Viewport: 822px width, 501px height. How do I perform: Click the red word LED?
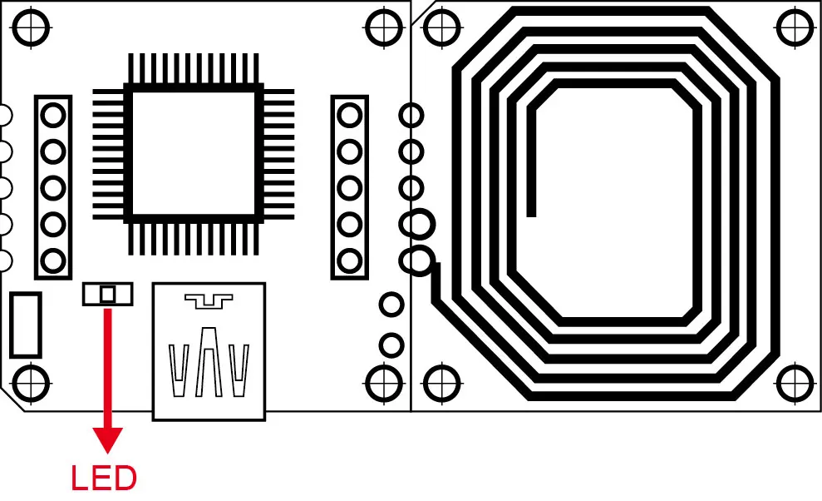pyautogui.click(x=104, y=479)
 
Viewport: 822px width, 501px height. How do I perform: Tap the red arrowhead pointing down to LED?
pyautogui.click(x=107, y=439)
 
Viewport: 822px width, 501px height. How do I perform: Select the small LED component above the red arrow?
pyautogui.click(x=107, y=294)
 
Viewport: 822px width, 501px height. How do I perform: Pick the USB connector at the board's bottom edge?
pyautogui.click(x=209, y=350)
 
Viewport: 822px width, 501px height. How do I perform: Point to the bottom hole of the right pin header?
pyautogui.click(x=350, y=261)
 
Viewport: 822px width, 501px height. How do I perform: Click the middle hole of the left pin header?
pyautogui.click(x=52, y=187)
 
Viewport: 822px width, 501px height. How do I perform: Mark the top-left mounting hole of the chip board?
pyautogui.click(x=30, y=27)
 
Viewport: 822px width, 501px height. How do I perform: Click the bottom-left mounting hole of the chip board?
pyautogui.click(x=30, y=383)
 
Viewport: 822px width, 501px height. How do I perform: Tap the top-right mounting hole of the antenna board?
pyautogui.click(x=795, y=27)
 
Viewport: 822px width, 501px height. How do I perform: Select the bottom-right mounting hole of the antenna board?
pyautogui.click(x=795, y=383)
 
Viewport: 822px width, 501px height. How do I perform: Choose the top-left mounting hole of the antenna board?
pyautogui.click(x=441, y=27)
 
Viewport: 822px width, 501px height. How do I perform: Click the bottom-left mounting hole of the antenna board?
pyautogui.click(x=441, y=383)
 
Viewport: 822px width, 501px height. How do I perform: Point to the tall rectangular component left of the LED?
pyautogui.click(x=26, y=325)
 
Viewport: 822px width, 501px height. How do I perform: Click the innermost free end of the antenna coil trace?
pyautogui.click(x=532, y=213)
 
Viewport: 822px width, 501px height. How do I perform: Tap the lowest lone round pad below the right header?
pyautogui.click(x=391, y=344)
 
